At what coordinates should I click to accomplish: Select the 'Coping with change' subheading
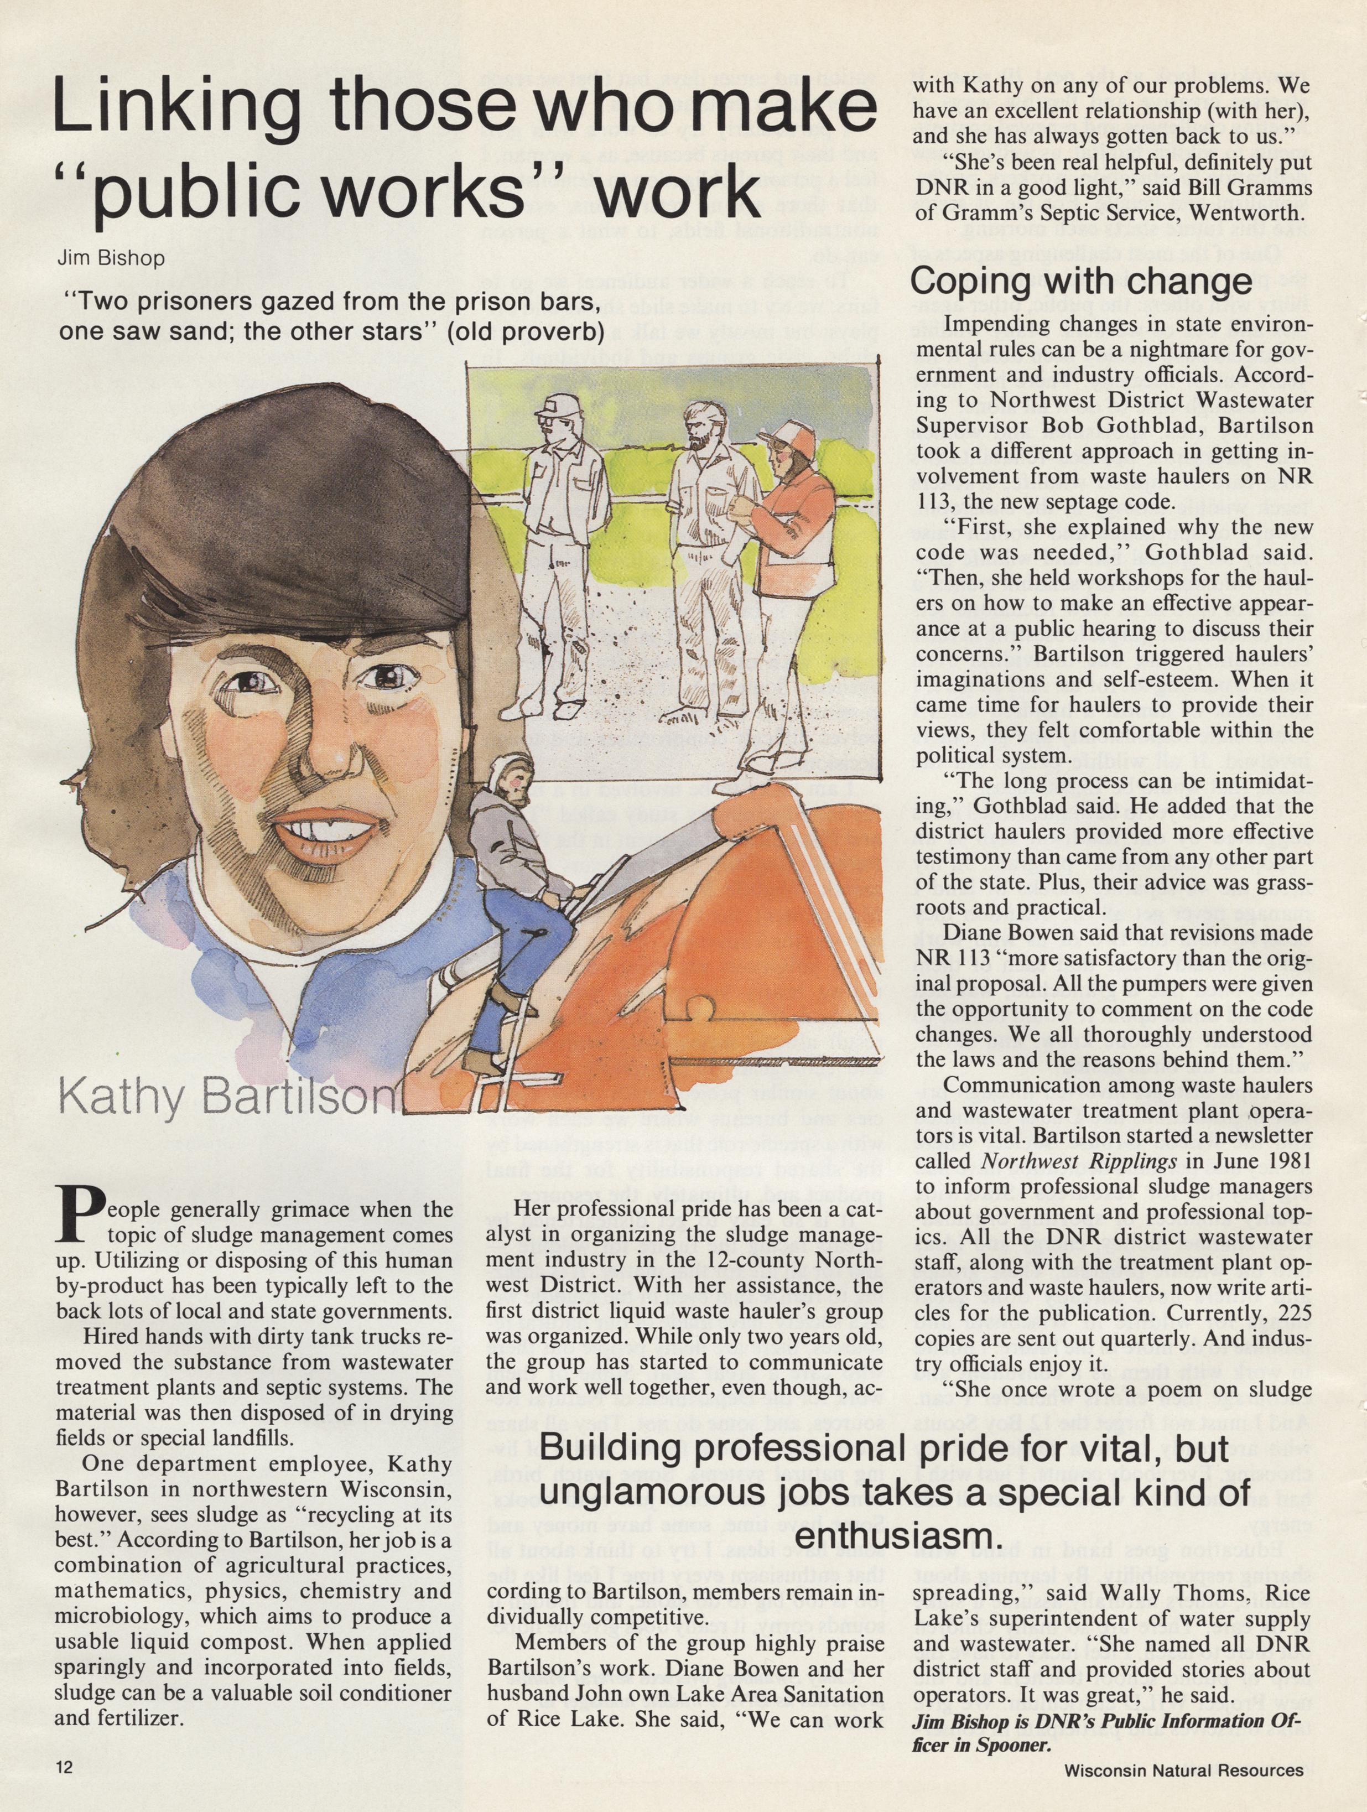pyautogui.click(x=1081, y=281)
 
